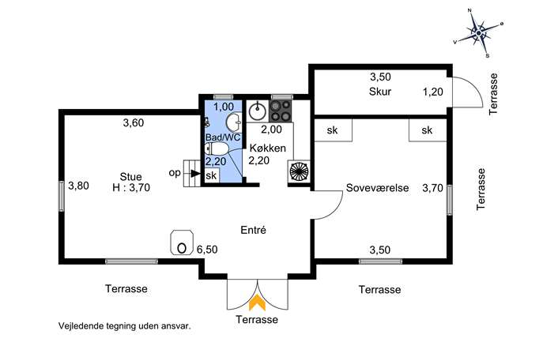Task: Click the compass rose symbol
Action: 479,33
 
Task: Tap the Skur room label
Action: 380,92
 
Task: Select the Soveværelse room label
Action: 378,188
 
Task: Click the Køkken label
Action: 268,149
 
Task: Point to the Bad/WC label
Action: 223,137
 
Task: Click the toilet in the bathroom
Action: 217,149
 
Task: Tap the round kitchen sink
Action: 258,111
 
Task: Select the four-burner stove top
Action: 281,111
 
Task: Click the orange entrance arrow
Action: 258,303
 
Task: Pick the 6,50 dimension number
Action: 207,249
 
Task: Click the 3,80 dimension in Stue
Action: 78,186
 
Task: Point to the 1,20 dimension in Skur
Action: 433,92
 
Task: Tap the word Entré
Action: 253,230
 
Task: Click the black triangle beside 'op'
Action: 196,174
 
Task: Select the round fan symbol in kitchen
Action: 299,171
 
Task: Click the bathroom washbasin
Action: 235,122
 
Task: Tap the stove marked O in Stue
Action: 182,243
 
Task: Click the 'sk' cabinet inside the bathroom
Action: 211,175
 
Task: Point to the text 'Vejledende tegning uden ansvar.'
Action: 125,326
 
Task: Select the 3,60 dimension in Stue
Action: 134,123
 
